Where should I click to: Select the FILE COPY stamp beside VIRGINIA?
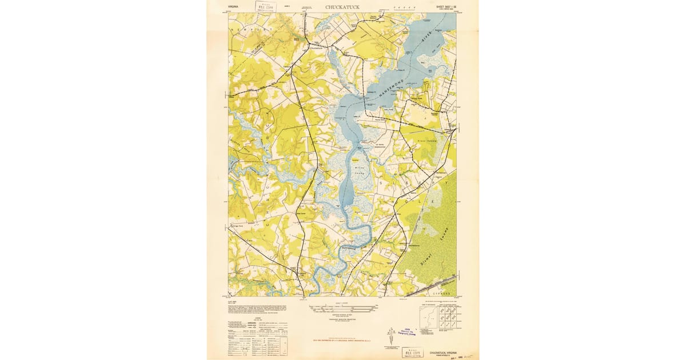click(264, 7)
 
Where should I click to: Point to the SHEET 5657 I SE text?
click(442, 7)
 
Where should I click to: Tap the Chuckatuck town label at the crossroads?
click(316, 49)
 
